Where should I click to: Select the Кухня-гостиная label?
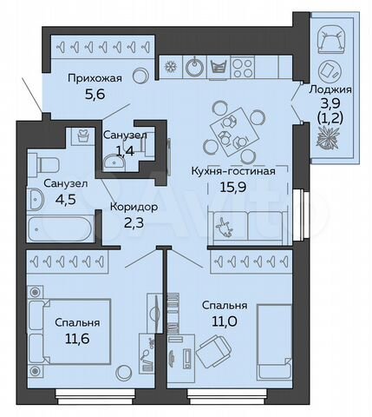[x=232, y=170]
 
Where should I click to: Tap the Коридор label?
[x=132, y=208]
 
